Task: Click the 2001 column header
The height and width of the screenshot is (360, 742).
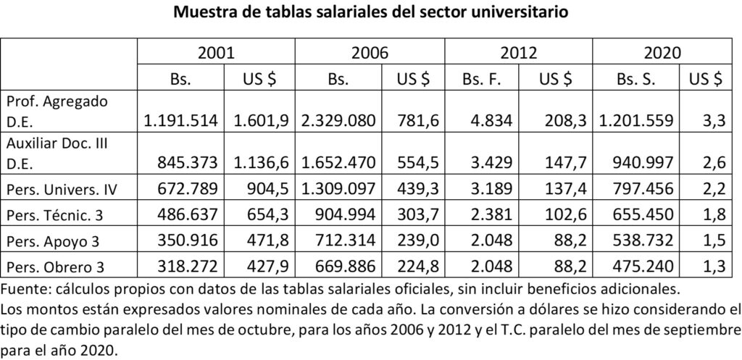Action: (x=217, y=53)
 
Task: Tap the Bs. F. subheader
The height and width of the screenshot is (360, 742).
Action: (x=483, y=78)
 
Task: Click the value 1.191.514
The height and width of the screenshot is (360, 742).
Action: (x=181, y=120)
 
